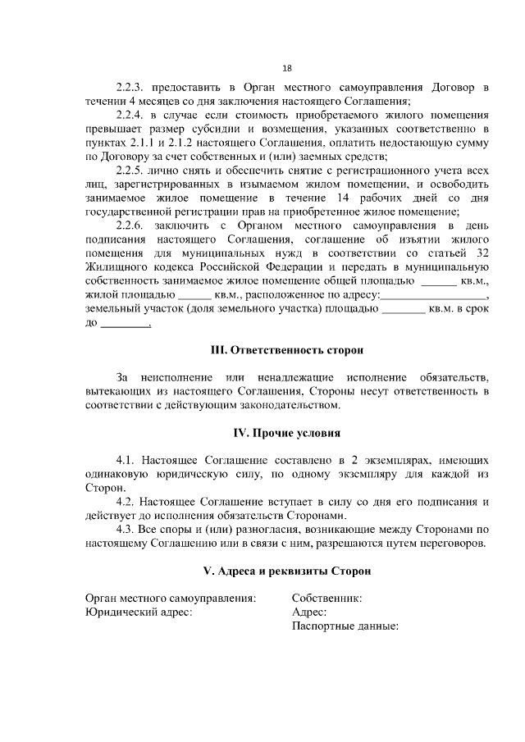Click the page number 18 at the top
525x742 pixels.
[286, 68]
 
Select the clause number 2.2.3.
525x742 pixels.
[131, 87]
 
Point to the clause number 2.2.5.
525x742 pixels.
[131, 171]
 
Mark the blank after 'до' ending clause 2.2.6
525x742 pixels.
[124, 325]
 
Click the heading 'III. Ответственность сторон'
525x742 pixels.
[286, 350]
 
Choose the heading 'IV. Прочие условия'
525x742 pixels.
[286, 432]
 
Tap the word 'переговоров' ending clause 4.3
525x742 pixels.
[453, 544]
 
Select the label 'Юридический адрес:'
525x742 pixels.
[139, 613]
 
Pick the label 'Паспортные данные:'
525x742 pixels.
[345, 627]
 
